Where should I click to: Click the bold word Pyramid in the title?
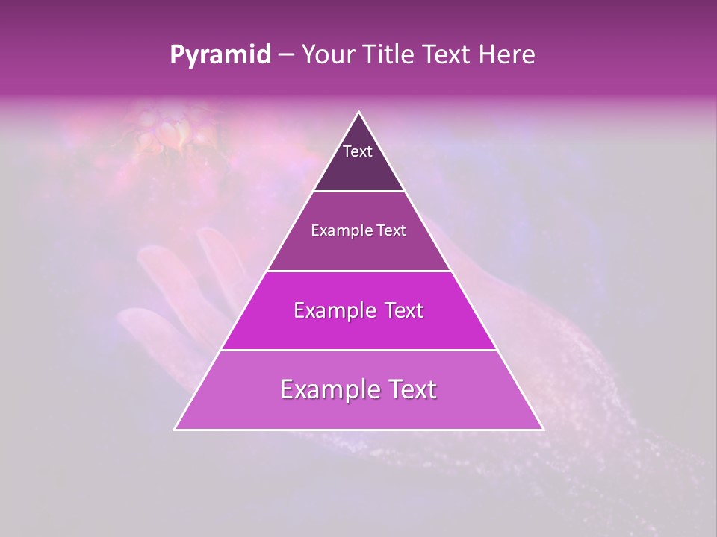[220, 55]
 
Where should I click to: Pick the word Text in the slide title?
[445, 55]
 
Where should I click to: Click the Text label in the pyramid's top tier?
[358, 151]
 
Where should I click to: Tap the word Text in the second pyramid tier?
[391, 230]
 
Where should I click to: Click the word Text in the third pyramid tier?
[403, 310]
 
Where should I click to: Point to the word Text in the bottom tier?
[413, 389]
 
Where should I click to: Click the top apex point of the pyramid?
[358, 113]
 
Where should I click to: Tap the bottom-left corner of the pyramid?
[176, 429]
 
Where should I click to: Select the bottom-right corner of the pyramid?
[542, 429]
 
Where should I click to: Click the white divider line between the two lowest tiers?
[358, 350]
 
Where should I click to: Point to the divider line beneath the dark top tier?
[358, 192]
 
